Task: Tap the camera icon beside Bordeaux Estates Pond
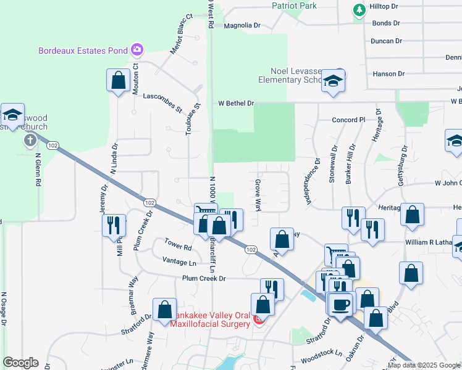tap(137, 50)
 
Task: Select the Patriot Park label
tap(294, 6)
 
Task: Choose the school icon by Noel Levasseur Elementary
tap(333, 81)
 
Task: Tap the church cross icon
tap(30, 140)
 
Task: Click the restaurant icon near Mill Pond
tap(114, 224)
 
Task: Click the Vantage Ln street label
tap(179, 263)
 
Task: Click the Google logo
tap(20, 363)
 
